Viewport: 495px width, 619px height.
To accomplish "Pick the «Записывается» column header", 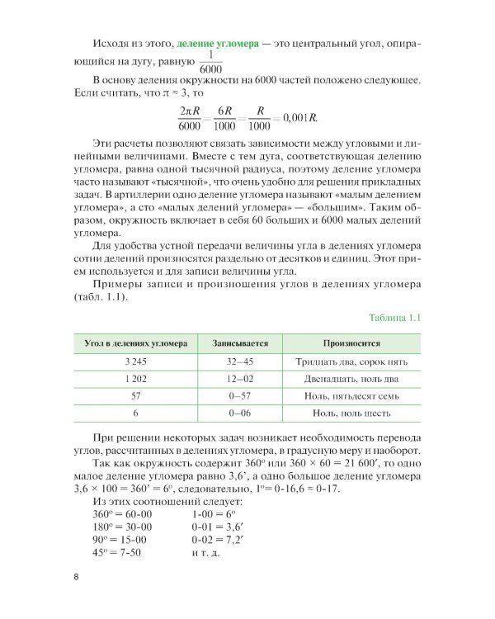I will tap(239, 342).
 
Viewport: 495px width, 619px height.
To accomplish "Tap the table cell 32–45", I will tap(239, 361).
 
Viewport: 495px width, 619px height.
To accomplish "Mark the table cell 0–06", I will tap(239, 412).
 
